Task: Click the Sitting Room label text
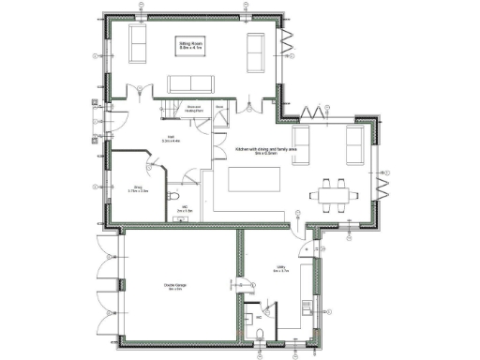pos(191,45)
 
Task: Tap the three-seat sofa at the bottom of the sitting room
pos(191,82)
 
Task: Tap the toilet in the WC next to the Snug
pos(175,196)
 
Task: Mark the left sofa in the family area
pos(303,145)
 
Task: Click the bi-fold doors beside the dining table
pos(382,183)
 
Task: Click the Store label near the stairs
pos(218,108)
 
